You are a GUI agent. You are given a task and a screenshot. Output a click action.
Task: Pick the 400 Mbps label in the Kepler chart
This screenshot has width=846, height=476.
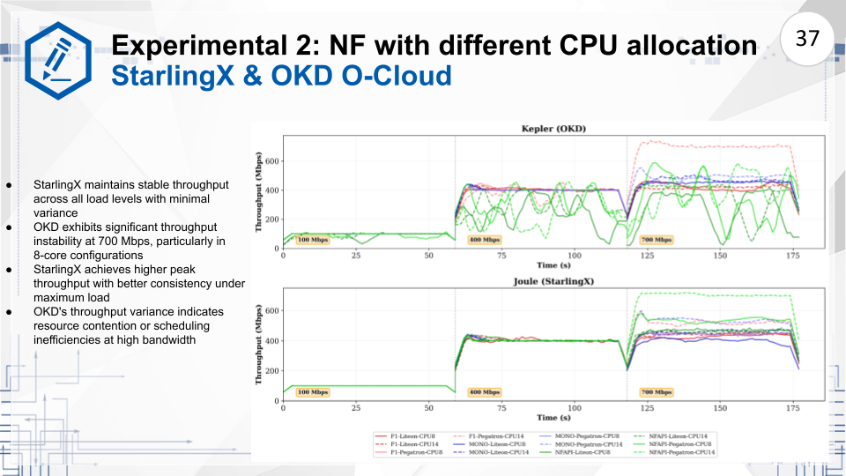click(483, 239)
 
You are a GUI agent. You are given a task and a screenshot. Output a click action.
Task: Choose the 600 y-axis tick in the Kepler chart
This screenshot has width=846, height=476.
click(271, 161)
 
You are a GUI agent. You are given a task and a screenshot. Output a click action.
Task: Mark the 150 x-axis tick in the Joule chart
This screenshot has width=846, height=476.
click(721, 408)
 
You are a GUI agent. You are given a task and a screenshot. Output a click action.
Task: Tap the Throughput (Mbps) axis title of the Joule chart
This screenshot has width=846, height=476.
click(259, 345)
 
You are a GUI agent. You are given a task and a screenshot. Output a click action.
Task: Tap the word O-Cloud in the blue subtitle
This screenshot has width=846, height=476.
click(389, 76)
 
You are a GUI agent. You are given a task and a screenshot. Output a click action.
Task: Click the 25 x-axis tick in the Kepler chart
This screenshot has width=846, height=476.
click(356, 256)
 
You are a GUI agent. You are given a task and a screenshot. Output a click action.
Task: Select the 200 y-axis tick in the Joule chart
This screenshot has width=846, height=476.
click(271, 370)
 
